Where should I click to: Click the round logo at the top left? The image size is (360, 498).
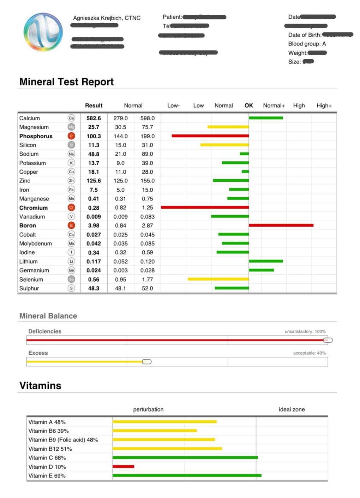(43, 32)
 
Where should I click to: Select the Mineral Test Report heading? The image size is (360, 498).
(66, 82)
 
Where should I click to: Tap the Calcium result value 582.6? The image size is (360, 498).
(94, 118)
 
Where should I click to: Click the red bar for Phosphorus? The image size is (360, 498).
(210, 136)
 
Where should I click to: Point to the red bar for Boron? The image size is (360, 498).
(281, 225)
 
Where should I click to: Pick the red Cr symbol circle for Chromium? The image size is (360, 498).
(71, 208)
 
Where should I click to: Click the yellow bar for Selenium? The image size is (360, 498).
(218, 279)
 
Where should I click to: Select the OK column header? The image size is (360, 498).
(248, 106)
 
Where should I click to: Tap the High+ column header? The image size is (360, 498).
(324, 106)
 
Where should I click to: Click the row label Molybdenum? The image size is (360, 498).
(35, 244)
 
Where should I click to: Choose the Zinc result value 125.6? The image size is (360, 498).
(94, 181)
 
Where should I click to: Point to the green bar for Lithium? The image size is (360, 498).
(266, 261)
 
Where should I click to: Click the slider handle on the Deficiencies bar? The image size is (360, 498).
(328, 340)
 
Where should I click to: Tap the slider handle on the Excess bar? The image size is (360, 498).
(147, 362)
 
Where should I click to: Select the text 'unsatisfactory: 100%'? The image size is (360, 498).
(305, 331)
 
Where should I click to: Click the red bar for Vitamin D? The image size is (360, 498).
(123, 467)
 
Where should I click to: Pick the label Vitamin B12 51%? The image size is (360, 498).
(50, 449)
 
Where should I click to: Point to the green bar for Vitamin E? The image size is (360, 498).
(187, 475)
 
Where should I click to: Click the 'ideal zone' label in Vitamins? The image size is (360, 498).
(292, 409)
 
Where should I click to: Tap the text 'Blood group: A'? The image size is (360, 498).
(307, 44)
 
